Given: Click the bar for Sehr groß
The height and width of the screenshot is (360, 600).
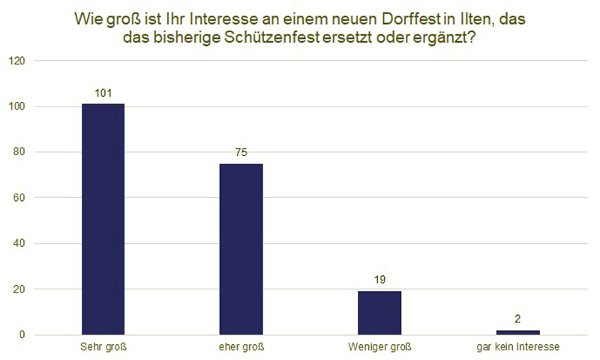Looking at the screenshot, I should pyautogui.click(x=103, y=219).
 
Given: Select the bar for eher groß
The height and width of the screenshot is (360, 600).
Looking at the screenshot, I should pyautogui.click(x=241, y=249).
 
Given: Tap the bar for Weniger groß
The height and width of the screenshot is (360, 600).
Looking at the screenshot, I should pyautogui.click(x=379, y=313).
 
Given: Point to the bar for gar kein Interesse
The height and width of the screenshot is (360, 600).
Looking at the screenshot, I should pyautogui.click(x=517, y=332).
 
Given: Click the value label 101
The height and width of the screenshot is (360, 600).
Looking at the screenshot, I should pyautogui.click(x=103, y=93).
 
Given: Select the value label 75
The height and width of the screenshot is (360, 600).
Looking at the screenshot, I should pyautogui.click(x=241, y=152).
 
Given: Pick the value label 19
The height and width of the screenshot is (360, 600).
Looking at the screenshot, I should pyautogui.click(x=379, y=280).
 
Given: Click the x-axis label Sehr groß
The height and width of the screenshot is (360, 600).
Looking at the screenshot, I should pyautogui.click(x=102, y=347).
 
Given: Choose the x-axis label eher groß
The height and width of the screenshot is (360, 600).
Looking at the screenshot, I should pyautogui.click(x=241, y=347).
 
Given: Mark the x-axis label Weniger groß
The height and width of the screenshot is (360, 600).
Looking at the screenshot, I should pyautogui.click(x=379, y=347).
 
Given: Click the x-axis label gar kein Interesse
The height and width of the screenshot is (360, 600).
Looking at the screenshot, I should pyautogui.click(x=517, y=347).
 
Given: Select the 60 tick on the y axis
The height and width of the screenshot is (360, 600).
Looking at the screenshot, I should pyautogui.click(x=17, y=198).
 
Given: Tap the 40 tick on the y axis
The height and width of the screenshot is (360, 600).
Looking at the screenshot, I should pyautogui.click(x=17, y=244).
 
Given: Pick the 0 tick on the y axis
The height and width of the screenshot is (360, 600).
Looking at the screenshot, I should pyautogui.click(x=20, y=335).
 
